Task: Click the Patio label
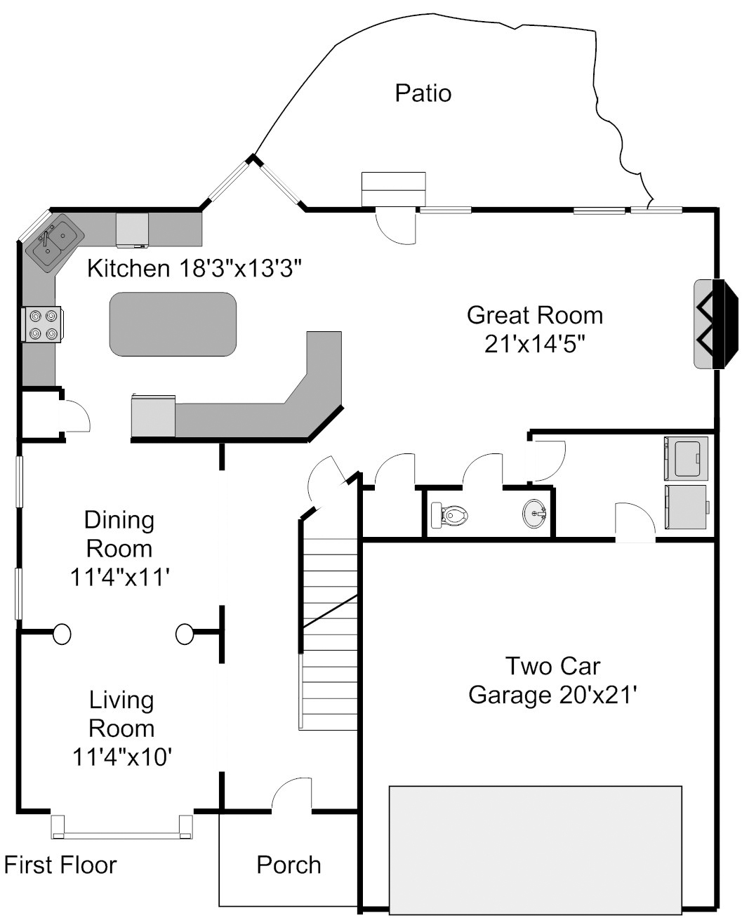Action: [x=423, y=93]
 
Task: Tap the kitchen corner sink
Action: [x=55, y=243]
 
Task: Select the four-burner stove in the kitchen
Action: [x=42, y=324]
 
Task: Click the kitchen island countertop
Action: [x=173, y=324]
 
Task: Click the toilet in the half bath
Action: [x=449, y=514]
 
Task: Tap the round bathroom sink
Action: [x=535, y=514]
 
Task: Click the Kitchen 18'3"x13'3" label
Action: [x=194, y=268]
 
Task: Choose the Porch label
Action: [x=289, y=865]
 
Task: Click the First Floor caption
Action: [x=60, y=865]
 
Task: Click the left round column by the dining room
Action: [x=62, y=634]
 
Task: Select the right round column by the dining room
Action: [x=185, y=634]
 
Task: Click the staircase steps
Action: [x=330, y=634]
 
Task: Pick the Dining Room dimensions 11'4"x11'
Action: [x=120, y=578]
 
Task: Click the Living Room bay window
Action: [x=122, y=827]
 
